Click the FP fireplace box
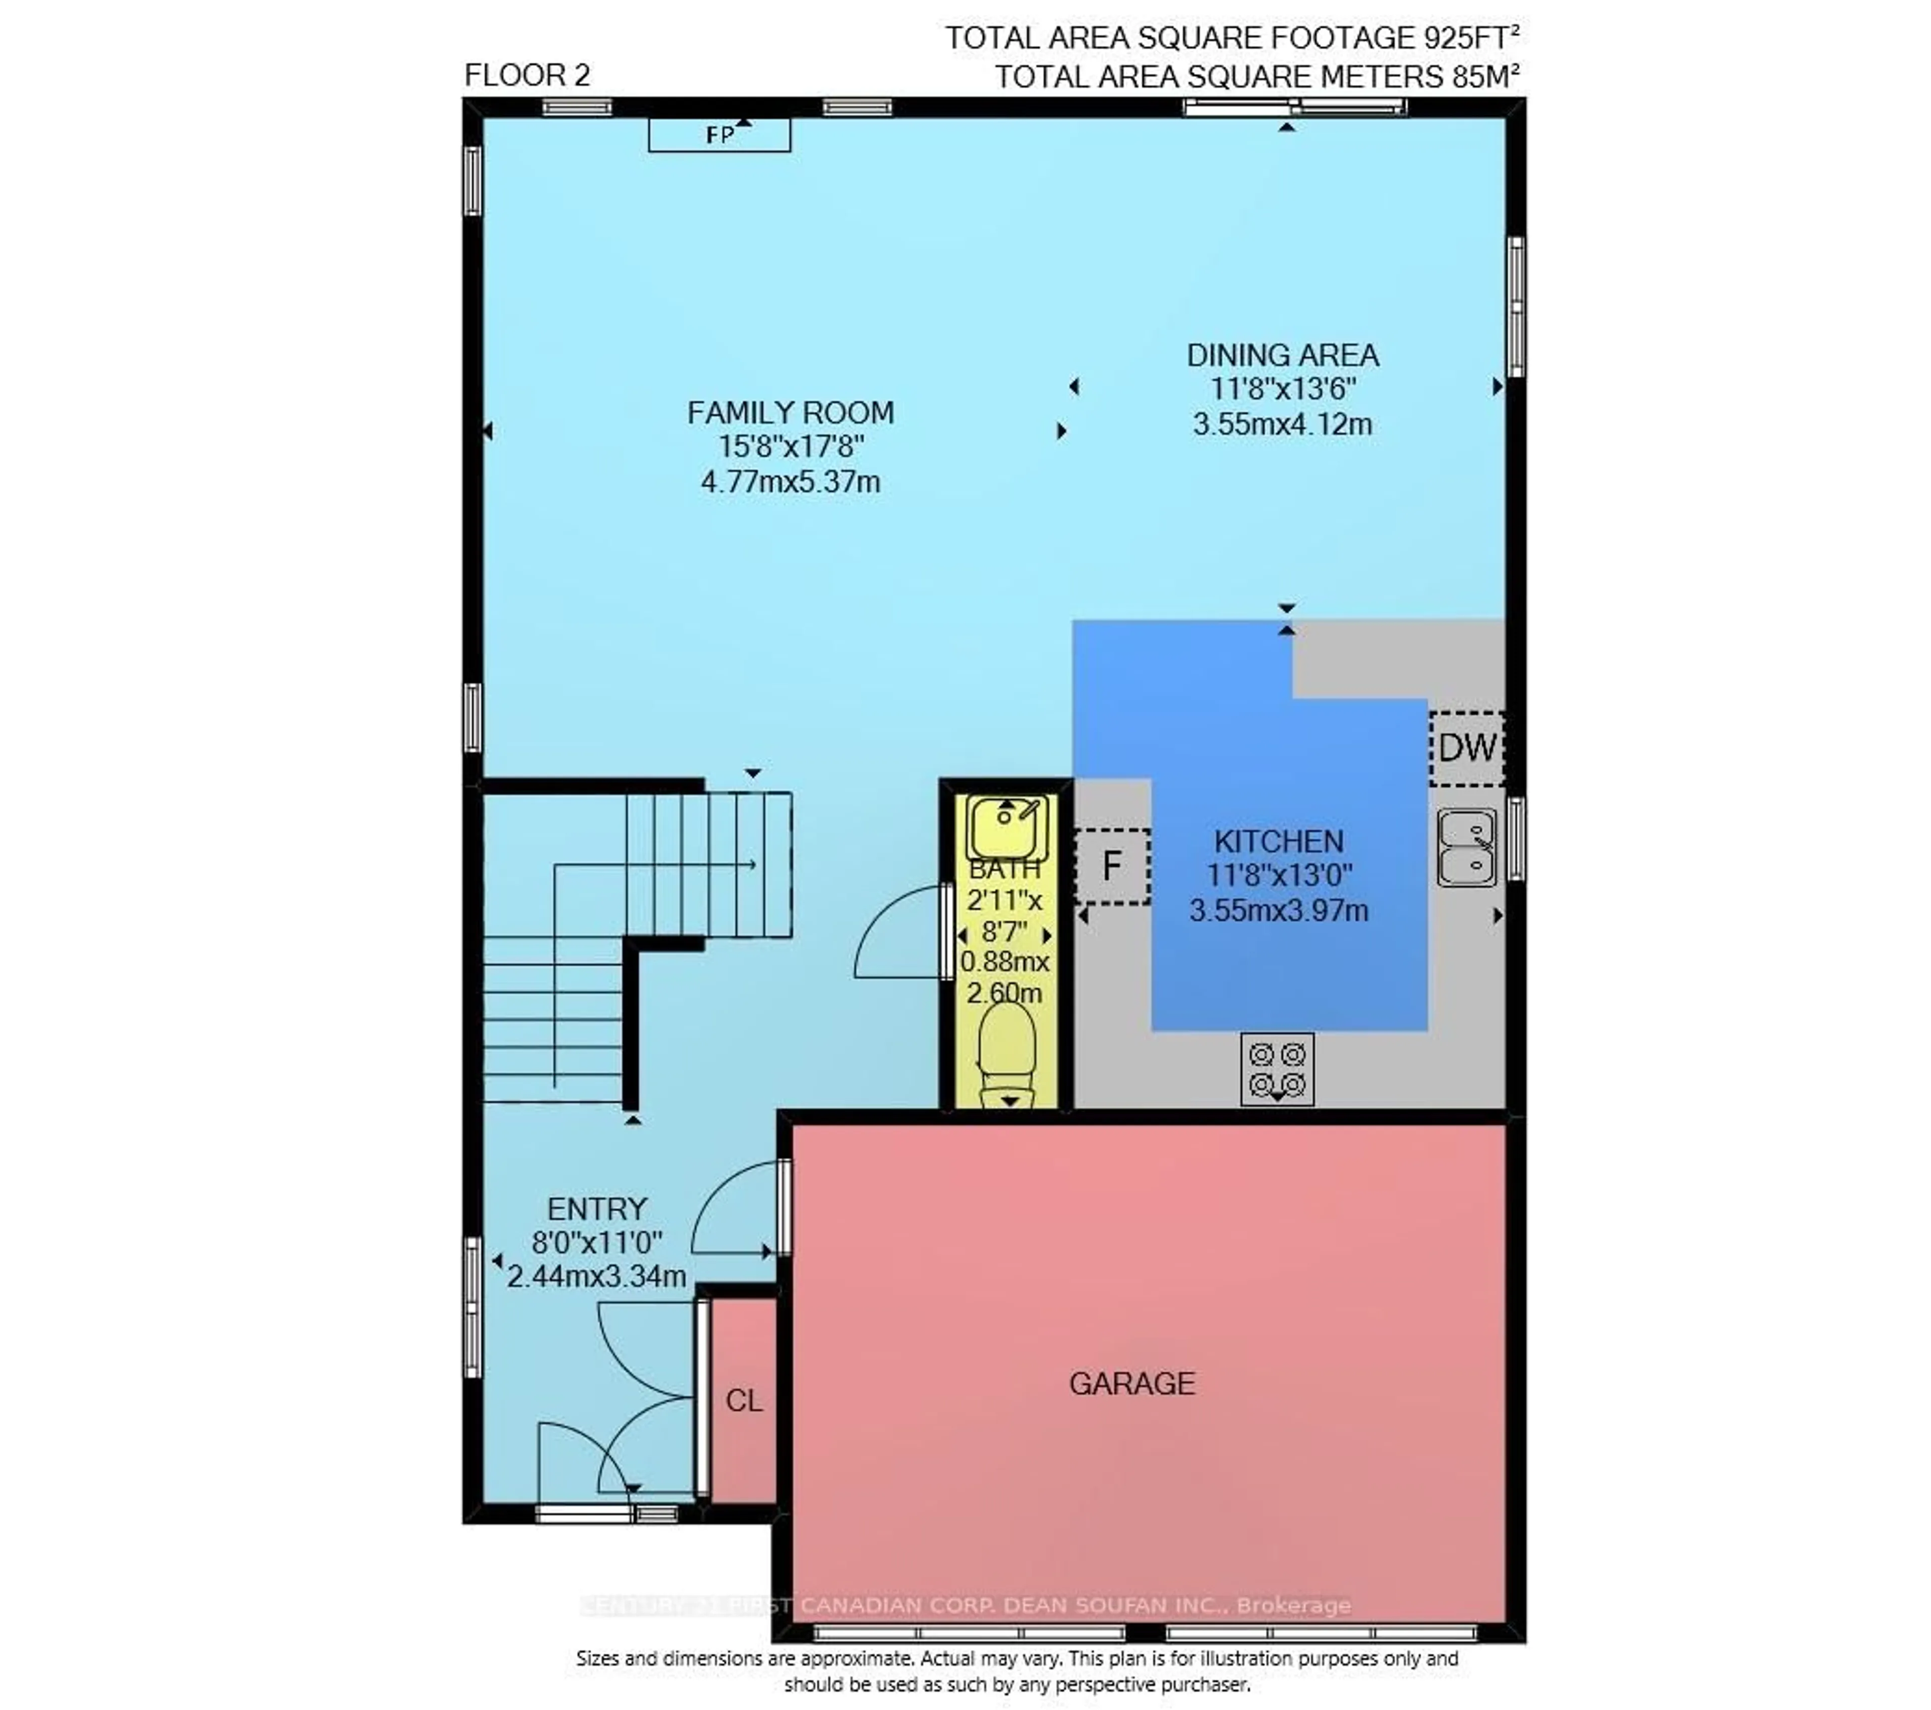click(x=719, y=135)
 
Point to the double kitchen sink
click(x=1466, y=847)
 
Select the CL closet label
click(x=744, y=1400)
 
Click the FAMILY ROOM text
click(x=790, y=413)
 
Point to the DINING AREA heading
click(x=1282, y=355)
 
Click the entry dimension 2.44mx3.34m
click(x=596, y=1277)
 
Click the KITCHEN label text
click(x=1278, y=841)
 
